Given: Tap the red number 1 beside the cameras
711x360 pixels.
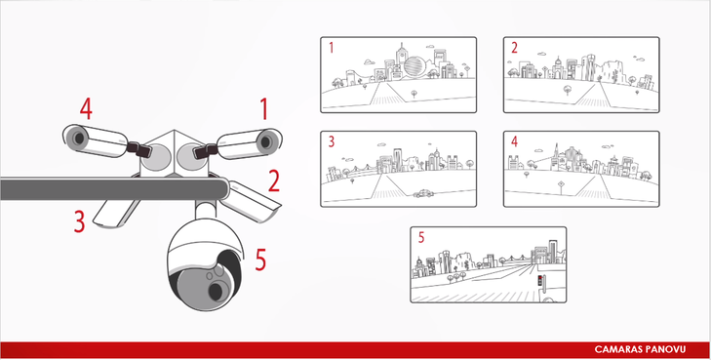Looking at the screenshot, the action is pos(263,109).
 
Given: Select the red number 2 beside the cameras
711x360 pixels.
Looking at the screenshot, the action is pos(274,180).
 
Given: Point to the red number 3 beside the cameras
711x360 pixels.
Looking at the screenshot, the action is pos(79,221).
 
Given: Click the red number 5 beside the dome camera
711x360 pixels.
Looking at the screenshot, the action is pos(260,260).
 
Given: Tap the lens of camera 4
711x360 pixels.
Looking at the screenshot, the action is pos(79,138).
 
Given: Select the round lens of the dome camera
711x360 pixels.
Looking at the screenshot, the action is pos(216,290).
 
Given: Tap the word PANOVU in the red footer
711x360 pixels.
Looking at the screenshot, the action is pos(664,349).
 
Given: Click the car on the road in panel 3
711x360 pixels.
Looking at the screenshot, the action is pos(423,193).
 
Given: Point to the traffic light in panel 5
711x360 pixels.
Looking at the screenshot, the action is pos(540,280).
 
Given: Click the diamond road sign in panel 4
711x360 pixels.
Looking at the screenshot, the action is pos(562,183).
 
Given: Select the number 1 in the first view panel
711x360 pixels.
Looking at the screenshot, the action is pos(331,48).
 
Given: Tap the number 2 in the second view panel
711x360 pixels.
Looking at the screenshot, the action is pos(514,48).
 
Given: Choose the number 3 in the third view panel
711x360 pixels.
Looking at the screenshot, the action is pos(332,141).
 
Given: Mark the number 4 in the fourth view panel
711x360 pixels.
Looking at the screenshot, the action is pos(514,141).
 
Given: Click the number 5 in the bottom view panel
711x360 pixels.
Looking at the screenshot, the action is pos(421,237).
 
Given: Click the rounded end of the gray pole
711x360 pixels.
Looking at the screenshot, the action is pos(223,189).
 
